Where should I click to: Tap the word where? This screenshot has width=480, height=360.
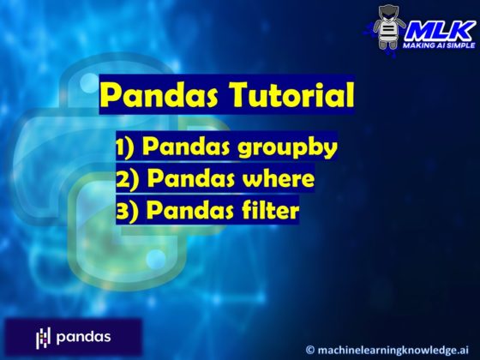277,179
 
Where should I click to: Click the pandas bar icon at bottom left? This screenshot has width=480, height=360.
44,337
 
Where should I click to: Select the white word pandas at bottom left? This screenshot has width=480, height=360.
84,337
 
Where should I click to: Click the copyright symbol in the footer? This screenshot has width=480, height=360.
310,349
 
